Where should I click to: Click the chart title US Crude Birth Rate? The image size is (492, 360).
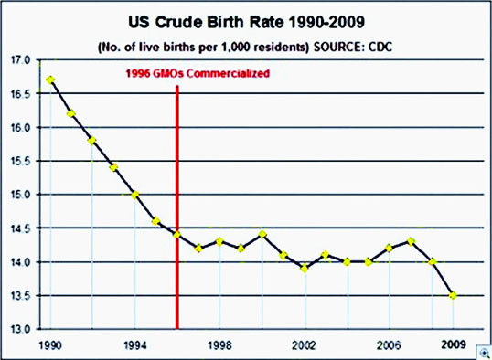click(x=246, y=23)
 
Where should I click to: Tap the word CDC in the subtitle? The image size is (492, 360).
click(x=380, y=48)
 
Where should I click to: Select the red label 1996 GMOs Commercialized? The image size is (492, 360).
click(x=198, y=73)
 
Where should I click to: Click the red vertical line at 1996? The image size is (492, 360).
click(x=177, y=207)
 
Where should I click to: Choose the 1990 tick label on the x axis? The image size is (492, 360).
click(x=50, y=345)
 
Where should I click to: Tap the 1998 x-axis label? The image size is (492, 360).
click(x=219, y=345)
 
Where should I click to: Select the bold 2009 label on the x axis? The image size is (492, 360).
click(x=453, y=345)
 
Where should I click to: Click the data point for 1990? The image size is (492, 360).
click(x=50, y=79)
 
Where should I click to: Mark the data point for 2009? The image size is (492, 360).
click(x=453, y=295)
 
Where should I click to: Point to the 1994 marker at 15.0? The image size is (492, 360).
click(x=135, y=195)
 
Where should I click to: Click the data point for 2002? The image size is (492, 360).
click(x=305, y=269)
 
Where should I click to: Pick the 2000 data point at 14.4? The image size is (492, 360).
click(x=262, y=235)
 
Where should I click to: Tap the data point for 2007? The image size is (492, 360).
click(x=411, y=241)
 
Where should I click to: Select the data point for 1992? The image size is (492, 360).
click(x=92, y=141)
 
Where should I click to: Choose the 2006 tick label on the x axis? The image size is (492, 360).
click(x=389, y=345)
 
